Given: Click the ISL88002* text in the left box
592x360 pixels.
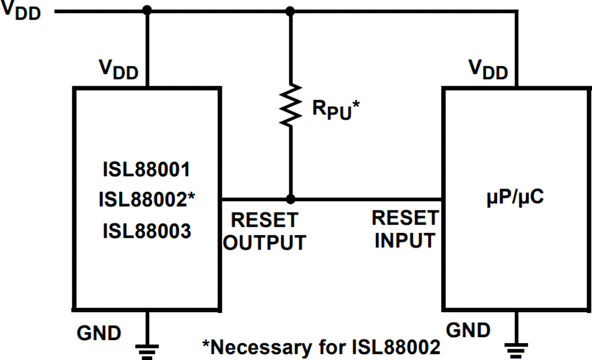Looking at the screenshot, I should (x=147, y=200).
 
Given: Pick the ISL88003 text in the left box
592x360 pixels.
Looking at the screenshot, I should (x=147, y=231).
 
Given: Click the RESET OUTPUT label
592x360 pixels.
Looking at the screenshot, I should (x=265, y=231).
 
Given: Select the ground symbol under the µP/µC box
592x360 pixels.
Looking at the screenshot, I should (x=515, y=347).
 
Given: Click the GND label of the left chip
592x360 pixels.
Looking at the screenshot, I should (x=99, y=332).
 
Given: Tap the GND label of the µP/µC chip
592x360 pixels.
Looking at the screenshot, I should (x=469, y=330).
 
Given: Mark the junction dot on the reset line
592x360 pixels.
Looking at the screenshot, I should (x=291, y=199).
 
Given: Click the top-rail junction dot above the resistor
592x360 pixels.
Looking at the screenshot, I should (x=291, y=10).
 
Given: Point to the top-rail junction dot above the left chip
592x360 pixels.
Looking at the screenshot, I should (x=146, y=10).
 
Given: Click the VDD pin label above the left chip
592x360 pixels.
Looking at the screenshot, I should (x=118, y=70).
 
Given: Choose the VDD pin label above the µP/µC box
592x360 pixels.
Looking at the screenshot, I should (x=488, y=70).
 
